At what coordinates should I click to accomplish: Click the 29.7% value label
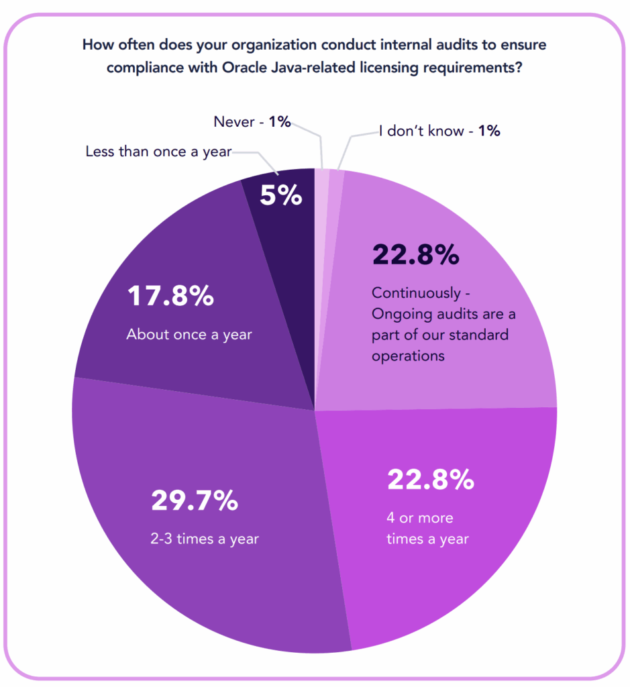tap(195, 500)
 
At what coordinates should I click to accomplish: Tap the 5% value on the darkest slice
tap(281, 195)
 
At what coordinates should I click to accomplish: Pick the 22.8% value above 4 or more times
tap(431, 480)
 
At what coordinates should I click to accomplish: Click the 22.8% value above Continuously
tap(415, 255)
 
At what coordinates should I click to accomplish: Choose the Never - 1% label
tap(252, 121)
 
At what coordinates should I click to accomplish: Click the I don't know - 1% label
tap(439, 131)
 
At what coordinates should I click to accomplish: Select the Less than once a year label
tap(158, 152)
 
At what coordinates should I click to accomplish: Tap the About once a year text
tap(189, 334)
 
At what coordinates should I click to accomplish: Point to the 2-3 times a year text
tap(205, 539)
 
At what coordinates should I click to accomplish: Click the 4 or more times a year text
tap(427, 529)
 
